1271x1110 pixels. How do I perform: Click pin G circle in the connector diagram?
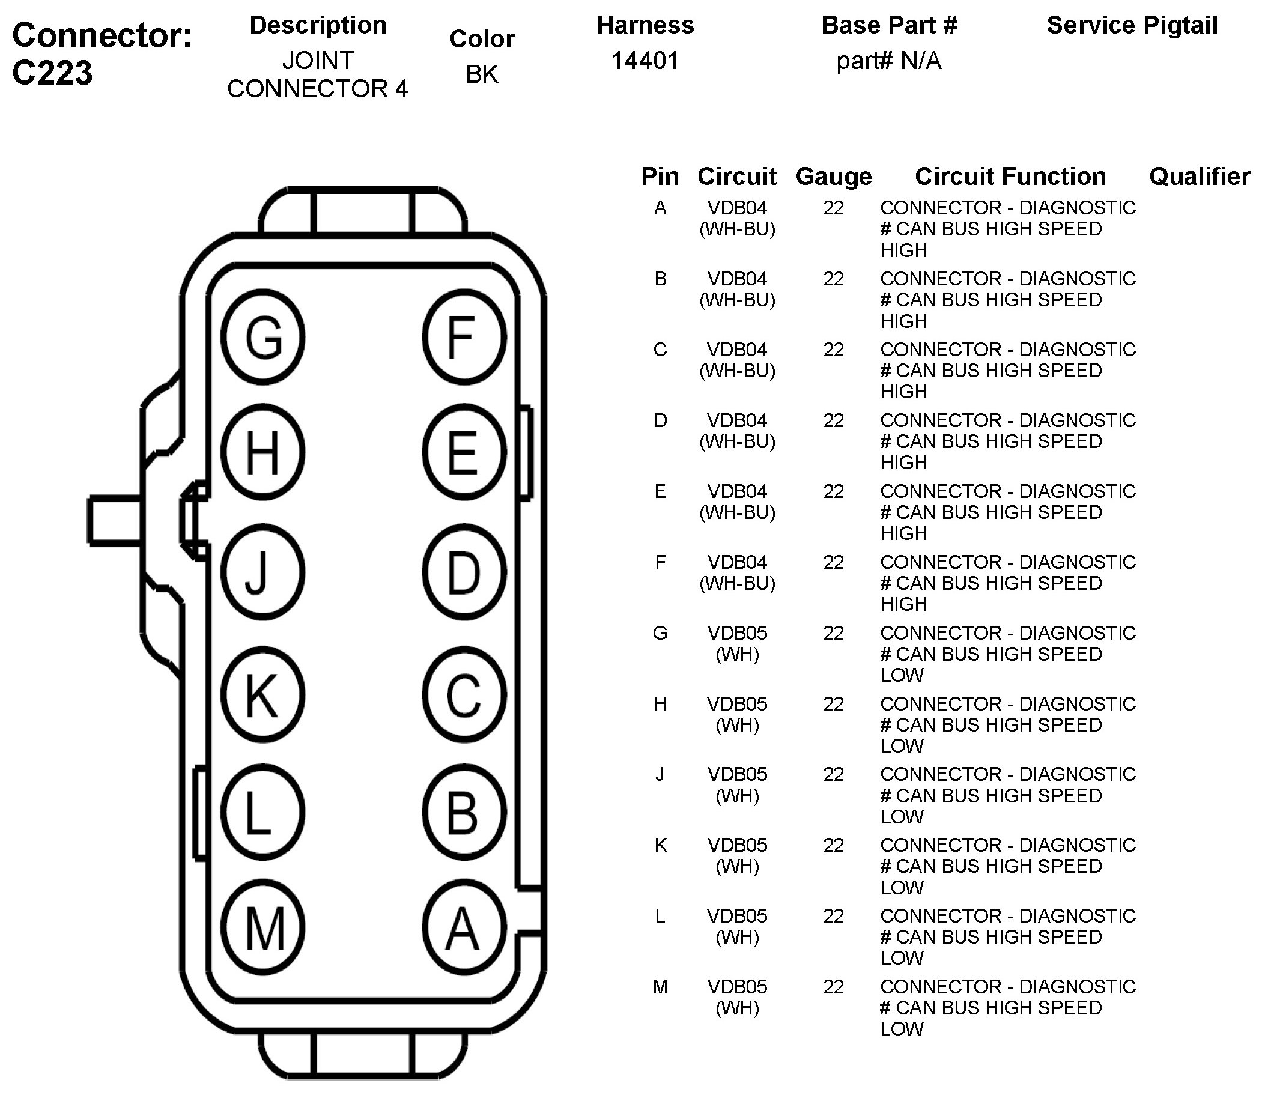[263, 338]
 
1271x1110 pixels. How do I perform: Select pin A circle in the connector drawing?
[464, 927]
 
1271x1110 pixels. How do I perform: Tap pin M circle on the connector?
[263, 927]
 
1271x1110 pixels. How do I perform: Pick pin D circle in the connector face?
[464, 572]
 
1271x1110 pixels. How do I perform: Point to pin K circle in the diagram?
[263, 694]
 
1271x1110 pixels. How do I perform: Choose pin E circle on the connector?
[464, 453]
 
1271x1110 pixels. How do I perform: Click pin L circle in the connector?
[263, 812]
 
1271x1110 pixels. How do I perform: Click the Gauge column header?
[833, 177]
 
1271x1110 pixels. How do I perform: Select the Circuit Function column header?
[1010, 177]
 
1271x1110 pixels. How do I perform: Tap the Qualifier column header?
[1199, 177]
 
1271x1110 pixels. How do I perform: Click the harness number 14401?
[645, 61]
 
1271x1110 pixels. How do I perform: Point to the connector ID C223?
[53, 73]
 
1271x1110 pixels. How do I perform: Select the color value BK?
[482, 74]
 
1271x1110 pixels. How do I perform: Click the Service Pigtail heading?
[1132, 25]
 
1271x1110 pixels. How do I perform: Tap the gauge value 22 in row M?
[833, 987]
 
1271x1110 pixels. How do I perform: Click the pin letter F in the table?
[660, 562]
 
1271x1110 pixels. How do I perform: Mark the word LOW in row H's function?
[902, 746]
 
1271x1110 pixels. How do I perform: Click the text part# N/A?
[888, 61]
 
